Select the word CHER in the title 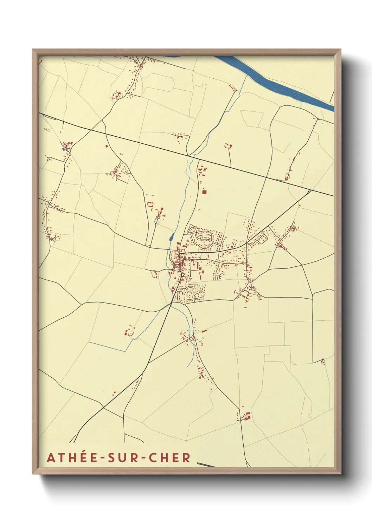pos(169,457)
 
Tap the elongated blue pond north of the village pos(172,237)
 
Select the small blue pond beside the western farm pos(63,149)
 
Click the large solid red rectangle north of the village pos(204,192)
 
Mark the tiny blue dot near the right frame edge pos(322,359)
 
